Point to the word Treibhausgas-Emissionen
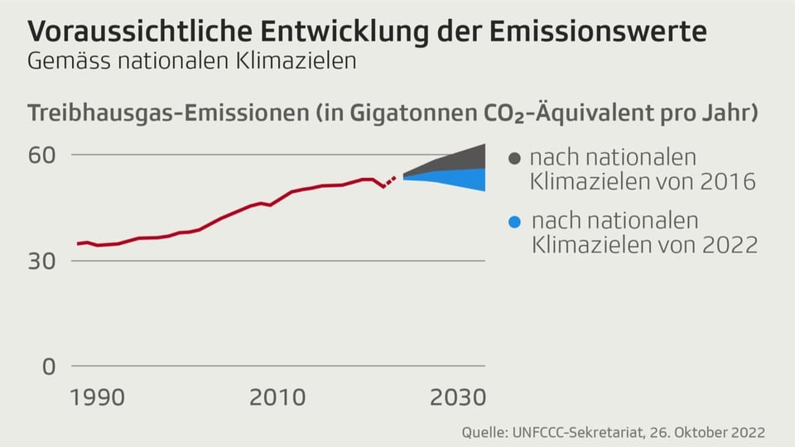[x=166, y=113]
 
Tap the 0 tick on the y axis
[x=49, y=367]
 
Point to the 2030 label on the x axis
[x=457, y=397]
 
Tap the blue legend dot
[x=514, y=222]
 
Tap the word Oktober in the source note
[x=707, y=433]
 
